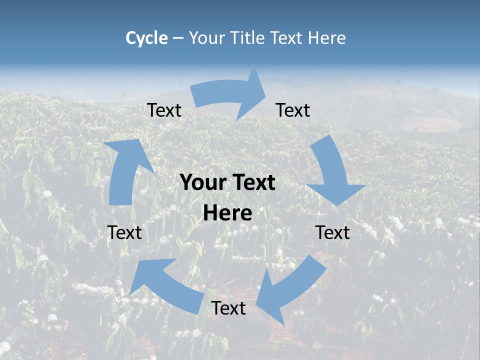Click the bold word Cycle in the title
pyautogui.click(x=146, y=38)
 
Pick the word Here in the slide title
pyautogui.click(x=327, y=38)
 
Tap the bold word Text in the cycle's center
pyautogui.click(x=252, y=183)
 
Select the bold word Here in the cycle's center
pyautogui.click(x=227, y=213)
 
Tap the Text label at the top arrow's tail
pyautogui.click(x=164, y=110)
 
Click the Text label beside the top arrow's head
pyautogui.click(x=293, y=110)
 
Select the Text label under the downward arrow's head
pyautogui.click(x=333, y=232)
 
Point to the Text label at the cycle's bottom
pyautogui.click(x=228, y=308)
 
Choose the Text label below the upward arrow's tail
pyautogui.click(x=124, y=232)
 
